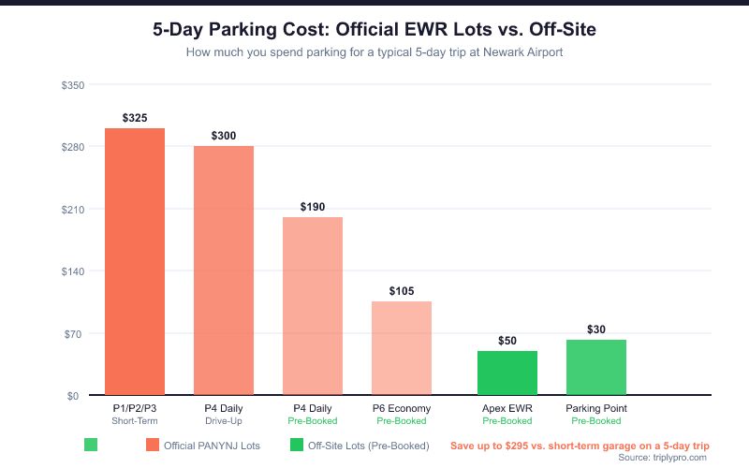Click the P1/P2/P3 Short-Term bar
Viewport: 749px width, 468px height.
[135, 261]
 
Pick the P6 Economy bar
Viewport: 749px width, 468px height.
[402, 347]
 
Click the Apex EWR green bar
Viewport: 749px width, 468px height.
[507, 373]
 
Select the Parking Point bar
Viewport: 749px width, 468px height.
[596, 367]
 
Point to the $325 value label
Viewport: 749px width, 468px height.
[135, 118]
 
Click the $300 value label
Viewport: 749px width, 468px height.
[224, 136]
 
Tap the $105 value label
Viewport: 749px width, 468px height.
[402, 291]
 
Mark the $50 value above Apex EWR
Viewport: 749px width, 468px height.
[507, 341]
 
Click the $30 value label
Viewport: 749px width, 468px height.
[596, 329]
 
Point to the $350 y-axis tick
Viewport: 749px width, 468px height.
[73, 85]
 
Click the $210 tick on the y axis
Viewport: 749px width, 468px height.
[73, 210]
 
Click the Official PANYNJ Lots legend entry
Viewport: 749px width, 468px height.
[202, 446]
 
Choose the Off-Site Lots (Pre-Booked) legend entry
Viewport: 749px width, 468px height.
[360, 446]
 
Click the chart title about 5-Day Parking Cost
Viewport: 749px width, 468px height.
[374, 30]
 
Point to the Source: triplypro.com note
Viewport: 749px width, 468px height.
[663, 458]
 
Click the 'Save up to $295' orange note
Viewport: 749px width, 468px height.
[580, 446]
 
